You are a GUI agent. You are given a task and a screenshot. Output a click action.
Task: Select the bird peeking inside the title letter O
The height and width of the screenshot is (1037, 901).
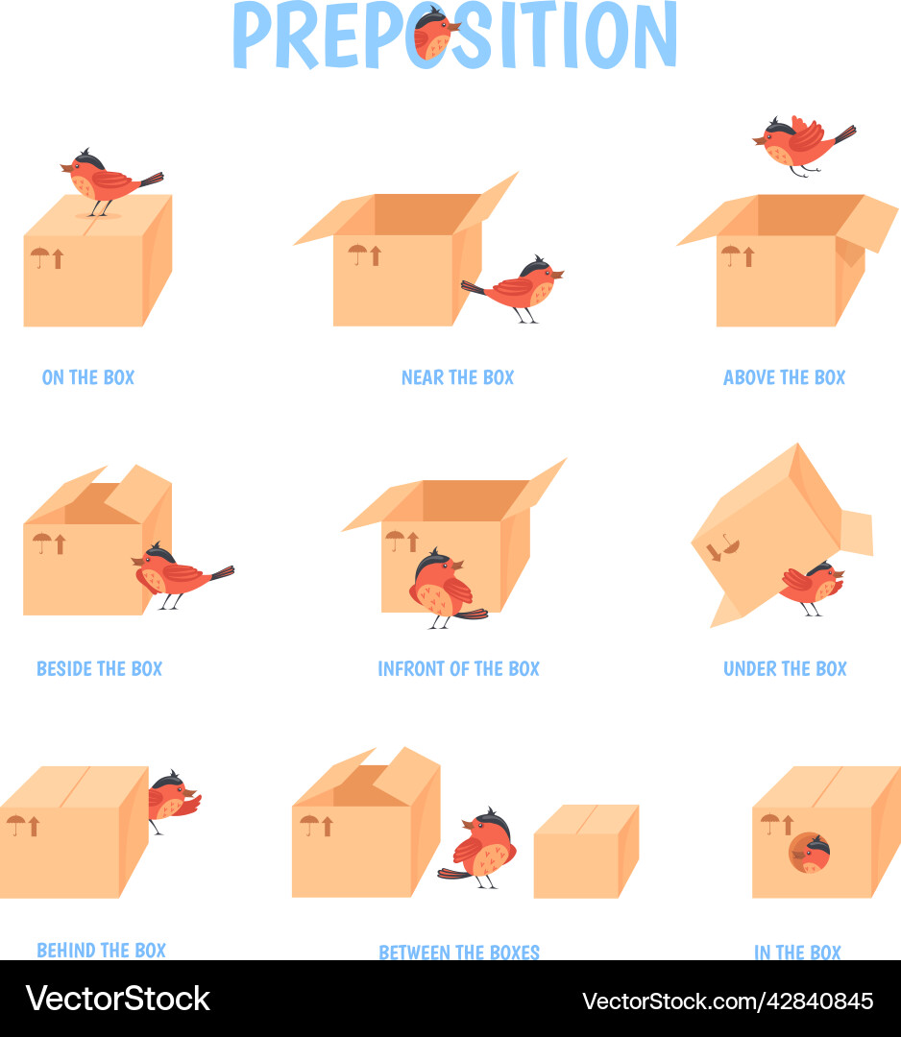coord(434,35)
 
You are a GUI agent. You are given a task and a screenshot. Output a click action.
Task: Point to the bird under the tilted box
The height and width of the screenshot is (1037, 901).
coord(812,586)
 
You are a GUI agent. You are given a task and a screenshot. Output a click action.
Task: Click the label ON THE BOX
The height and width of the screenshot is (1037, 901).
coord(88,377)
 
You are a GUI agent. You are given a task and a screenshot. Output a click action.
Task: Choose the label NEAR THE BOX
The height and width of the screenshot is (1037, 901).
coord(457,377)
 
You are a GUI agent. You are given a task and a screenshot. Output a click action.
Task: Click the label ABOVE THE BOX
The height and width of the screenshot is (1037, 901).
coord(784,377)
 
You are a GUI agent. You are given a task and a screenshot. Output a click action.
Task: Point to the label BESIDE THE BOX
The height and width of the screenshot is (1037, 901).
coord(99,668)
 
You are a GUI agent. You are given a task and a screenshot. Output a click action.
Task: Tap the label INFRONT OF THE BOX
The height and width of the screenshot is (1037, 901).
coord(458,668)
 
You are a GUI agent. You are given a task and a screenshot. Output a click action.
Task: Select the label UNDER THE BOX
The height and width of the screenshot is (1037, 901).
coord(785,668)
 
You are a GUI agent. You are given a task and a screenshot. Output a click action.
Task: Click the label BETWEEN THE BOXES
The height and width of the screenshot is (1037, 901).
coord(459,952)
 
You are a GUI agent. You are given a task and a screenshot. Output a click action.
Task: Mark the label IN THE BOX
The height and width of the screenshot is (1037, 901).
coord(797,952)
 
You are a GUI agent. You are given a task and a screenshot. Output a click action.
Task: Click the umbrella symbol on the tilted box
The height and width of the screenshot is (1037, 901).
coord(730,547)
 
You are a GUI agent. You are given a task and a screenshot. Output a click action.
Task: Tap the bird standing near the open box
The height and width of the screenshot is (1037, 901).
coord(519,287)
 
